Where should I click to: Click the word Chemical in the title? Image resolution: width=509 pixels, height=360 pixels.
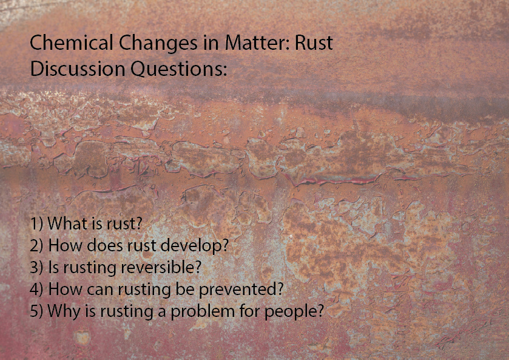pos(64,44)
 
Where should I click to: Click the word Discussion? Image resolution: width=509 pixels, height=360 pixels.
pos(78,69)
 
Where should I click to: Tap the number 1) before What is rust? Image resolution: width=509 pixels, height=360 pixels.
pos(36,224)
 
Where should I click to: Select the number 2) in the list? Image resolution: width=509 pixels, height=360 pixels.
pos(36,246)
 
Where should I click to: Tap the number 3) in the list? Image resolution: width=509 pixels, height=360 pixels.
pos(36,268)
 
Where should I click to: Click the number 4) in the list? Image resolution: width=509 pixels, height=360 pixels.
pos(36,290)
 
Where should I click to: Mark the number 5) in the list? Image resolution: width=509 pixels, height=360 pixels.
pos(36,311)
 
